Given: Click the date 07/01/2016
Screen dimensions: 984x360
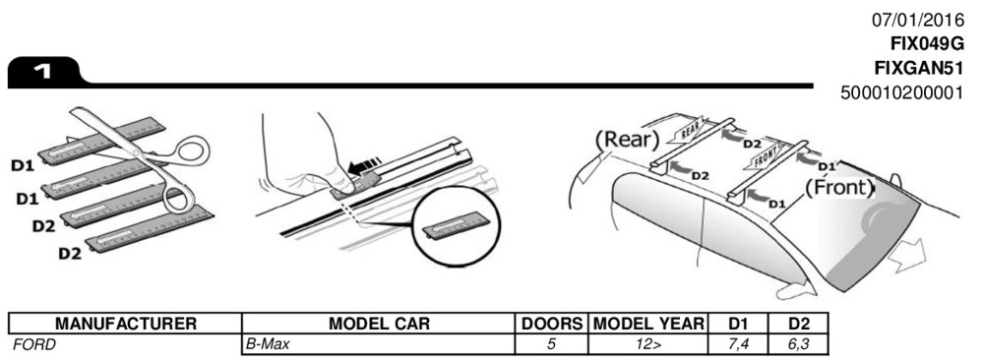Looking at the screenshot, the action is [x=917, y=20].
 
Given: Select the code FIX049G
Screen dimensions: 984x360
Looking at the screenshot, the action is [x=926, y=44].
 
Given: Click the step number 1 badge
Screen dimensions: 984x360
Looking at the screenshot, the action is [x=45, y=73].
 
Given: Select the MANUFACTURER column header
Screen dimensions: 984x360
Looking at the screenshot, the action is [x=126, y=324].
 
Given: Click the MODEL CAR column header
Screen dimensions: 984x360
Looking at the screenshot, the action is [x=379, y=324].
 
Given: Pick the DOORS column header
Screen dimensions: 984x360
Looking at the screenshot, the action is [x=552, y=324].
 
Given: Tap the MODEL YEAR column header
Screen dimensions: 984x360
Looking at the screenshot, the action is [x=648, y=324].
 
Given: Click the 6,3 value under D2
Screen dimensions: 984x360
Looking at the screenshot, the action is [x=798, y=343].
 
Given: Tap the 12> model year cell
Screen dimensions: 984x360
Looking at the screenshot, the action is [x=648, y=343].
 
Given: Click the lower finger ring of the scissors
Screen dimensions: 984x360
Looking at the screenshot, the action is [x=180, y=197].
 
